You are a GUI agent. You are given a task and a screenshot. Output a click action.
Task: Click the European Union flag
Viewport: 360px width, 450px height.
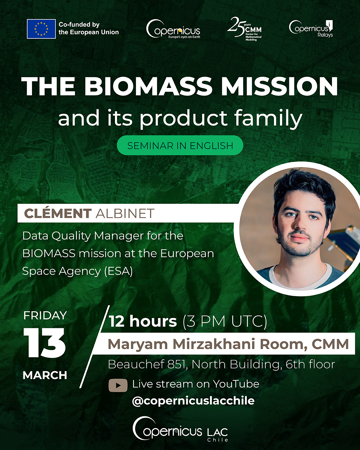coord(41,29)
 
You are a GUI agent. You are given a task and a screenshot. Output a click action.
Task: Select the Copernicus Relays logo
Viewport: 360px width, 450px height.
coord(311,29)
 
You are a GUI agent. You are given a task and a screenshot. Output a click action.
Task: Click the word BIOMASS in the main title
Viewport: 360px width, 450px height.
coord(148,87)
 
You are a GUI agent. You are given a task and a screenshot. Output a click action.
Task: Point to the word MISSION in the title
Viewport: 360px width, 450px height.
coord(280,87)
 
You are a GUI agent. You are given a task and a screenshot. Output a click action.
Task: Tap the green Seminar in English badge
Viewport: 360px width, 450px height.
coord(180,146)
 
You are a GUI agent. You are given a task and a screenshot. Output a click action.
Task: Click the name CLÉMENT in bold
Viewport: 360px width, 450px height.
coord(58,213)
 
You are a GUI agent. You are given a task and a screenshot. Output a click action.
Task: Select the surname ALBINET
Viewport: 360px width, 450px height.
coord(125,213)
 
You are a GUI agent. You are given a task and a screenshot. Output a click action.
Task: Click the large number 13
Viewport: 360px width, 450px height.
coord(44,343)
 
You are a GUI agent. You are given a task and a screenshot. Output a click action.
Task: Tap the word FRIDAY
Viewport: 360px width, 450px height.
coord(45,315)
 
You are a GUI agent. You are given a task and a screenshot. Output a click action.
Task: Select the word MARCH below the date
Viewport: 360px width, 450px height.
coord(45,375)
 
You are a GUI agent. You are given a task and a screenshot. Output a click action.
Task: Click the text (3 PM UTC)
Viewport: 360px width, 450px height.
coord(225,321)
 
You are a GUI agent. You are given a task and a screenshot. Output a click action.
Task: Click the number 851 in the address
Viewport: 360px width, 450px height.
coord(177,364)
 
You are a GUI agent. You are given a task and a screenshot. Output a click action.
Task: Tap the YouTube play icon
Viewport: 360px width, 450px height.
coord(118,385)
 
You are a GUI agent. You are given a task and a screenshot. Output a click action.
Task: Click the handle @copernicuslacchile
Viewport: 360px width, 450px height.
coord(193,401)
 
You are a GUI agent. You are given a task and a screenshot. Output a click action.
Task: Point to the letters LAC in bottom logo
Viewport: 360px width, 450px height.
coord(217,432)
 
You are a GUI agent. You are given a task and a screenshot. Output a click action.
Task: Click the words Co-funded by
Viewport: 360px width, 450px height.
coord(79,24)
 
